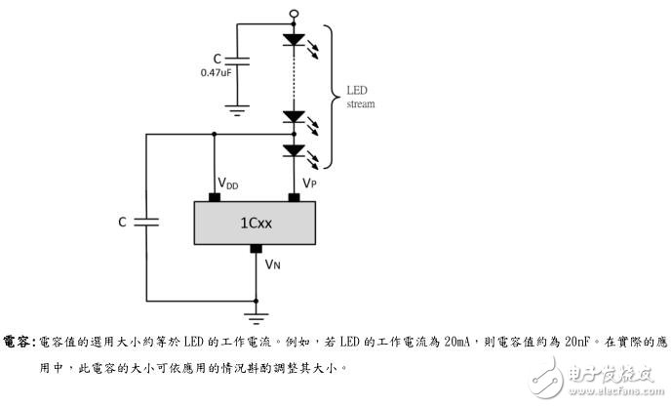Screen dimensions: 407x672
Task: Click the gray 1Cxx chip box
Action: [256, 223]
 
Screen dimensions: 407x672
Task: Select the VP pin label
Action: [309, 183]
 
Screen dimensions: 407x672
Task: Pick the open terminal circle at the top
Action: [294, 15]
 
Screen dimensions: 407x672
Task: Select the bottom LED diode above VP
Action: [294, 150]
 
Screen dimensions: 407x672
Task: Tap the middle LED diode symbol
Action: [294, 117]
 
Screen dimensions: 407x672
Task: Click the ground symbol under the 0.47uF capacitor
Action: [236, 109]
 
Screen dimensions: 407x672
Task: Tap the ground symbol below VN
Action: [256, 315]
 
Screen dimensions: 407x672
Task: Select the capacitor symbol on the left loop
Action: [147, 223]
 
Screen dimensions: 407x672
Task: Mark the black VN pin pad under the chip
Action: [256, 249]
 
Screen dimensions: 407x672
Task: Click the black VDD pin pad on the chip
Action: [215, 196]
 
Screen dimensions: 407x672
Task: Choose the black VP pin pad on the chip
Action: [294, 196]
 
